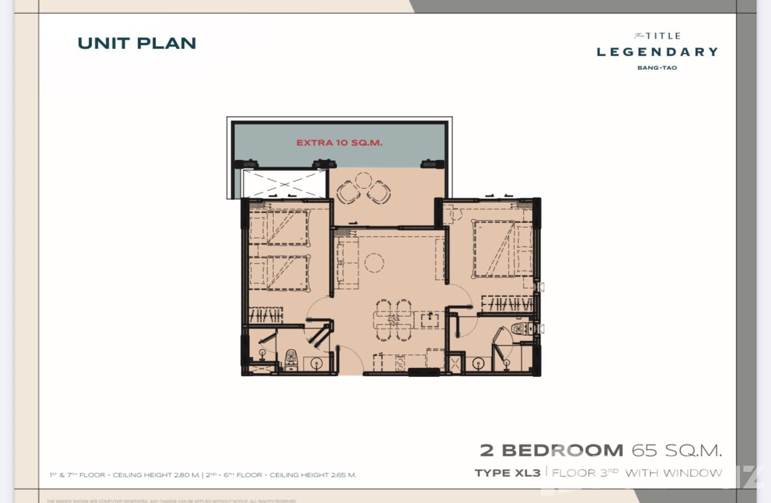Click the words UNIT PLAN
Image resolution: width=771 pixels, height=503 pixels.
(x=137, y=43)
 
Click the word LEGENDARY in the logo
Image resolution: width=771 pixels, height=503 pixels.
(x=657, y=52)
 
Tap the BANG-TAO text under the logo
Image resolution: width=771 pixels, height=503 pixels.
(x=657, y=68)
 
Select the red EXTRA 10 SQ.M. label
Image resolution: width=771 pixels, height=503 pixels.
(x=339, y=143)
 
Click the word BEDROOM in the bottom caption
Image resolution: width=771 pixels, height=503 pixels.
(x=562, y=450)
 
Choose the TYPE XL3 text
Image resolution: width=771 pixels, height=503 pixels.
(x=507, y=473)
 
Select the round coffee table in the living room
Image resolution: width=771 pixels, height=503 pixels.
(x=375, y=262)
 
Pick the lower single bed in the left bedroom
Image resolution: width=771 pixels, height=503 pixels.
(x=280, y=272)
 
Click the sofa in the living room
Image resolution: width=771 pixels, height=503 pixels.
(x=347, y=263)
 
